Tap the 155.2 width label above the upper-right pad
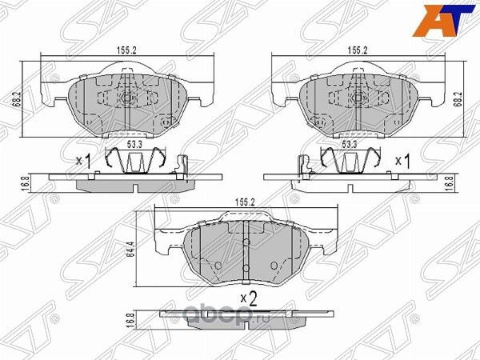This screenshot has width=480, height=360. pos(357,49)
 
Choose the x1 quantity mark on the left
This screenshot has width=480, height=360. pos(84,161)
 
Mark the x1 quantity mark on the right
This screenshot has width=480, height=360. pos(403,161)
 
